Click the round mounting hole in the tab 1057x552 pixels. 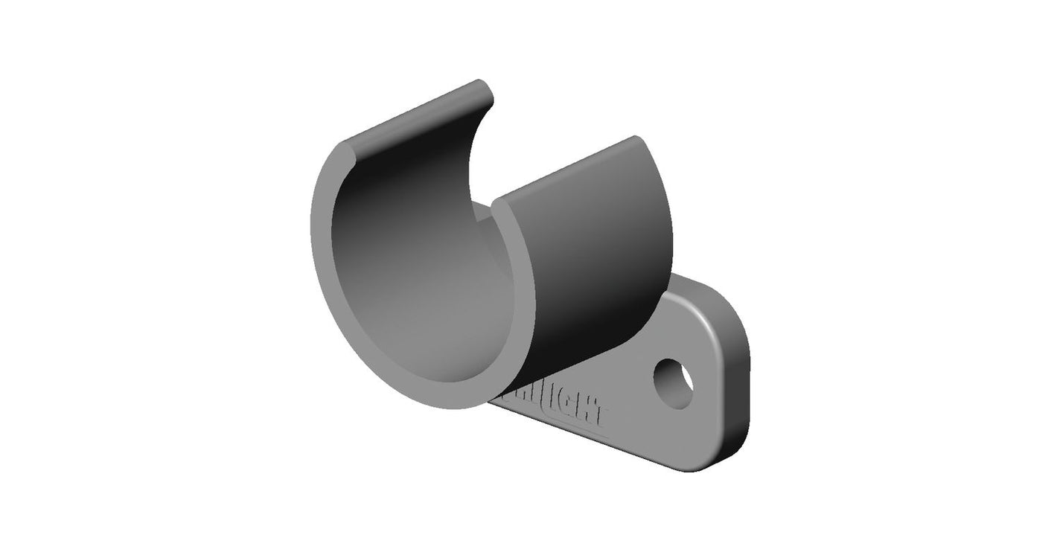[673, 383]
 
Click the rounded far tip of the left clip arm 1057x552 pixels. [482, 88]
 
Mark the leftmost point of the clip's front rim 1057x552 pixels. [313, 223]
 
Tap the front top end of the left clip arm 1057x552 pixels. [348, 149]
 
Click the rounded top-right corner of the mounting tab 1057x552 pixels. [726, 305]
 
